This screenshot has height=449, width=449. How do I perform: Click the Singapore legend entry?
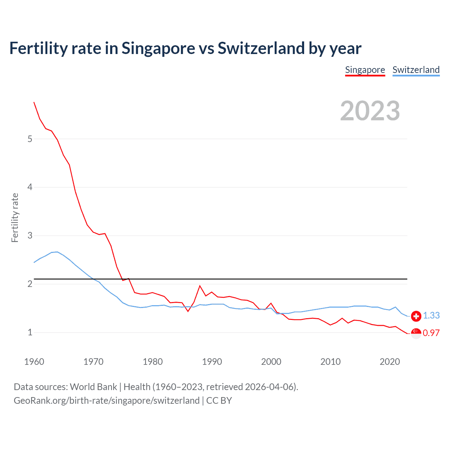(365, 70)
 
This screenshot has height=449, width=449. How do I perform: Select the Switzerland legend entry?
(416, 70)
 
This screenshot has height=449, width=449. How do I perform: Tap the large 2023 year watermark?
(370, 111)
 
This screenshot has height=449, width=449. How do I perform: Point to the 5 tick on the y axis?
(30, 139)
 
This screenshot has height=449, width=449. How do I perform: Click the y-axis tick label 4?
(30, 187)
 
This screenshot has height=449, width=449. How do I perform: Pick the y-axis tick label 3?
(30, 235)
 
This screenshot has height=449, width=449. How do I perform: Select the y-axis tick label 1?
(30, 332)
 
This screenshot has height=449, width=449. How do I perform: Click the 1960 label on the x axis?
(34, 362)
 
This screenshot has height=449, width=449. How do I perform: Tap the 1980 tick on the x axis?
(153, 362)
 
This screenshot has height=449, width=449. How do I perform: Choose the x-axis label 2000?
(271, 362)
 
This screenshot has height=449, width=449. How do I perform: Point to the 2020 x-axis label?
(389, 362)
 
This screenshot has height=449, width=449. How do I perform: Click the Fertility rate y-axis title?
(15, 217)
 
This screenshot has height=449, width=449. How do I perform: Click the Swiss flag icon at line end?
(416, 316)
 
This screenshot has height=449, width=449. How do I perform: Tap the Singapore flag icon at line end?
(416, 334)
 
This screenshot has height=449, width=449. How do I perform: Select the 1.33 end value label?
(431, 315)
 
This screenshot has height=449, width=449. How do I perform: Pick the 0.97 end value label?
(431, 333)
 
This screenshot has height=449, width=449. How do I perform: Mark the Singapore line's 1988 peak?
(200, 286)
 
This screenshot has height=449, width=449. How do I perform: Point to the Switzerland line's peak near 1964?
(57, 252)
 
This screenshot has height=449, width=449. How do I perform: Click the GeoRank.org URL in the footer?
(107, 401)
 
